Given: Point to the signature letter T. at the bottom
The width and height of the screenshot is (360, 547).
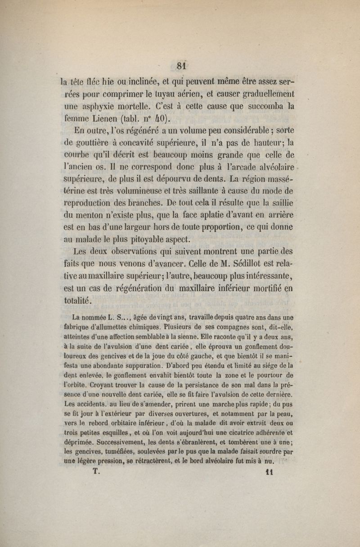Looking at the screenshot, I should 95,481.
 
